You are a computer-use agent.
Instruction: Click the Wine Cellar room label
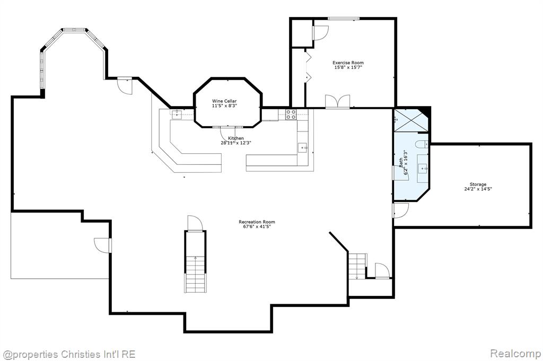tap(224, 101)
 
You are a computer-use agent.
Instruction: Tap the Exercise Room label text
tap(348, 63)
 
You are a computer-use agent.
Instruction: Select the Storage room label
tap(478, 184)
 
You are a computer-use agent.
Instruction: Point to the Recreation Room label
tap(257, 222)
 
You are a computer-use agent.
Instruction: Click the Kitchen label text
tap(235, 138)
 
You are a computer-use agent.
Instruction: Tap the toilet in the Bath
tap(422, 144)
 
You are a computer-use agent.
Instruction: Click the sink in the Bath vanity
tap(423, 169)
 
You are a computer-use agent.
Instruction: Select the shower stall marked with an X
tap(411, 120)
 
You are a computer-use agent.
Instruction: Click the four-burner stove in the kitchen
tap(291, 114)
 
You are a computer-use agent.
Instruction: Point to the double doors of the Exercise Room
tap(338, 101)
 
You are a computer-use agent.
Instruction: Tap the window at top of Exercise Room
tap(344, 19)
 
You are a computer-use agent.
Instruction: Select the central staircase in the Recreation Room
tap(195, 261)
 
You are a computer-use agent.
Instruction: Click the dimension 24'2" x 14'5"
tap(478, 189)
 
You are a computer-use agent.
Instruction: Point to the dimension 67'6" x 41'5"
tap(257, 226)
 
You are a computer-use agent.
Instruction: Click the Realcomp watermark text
tap(515, 354)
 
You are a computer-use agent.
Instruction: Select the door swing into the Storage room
tap(401, 210)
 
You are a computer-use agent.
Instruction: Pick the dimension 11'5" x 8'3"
tap(224, 105)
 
